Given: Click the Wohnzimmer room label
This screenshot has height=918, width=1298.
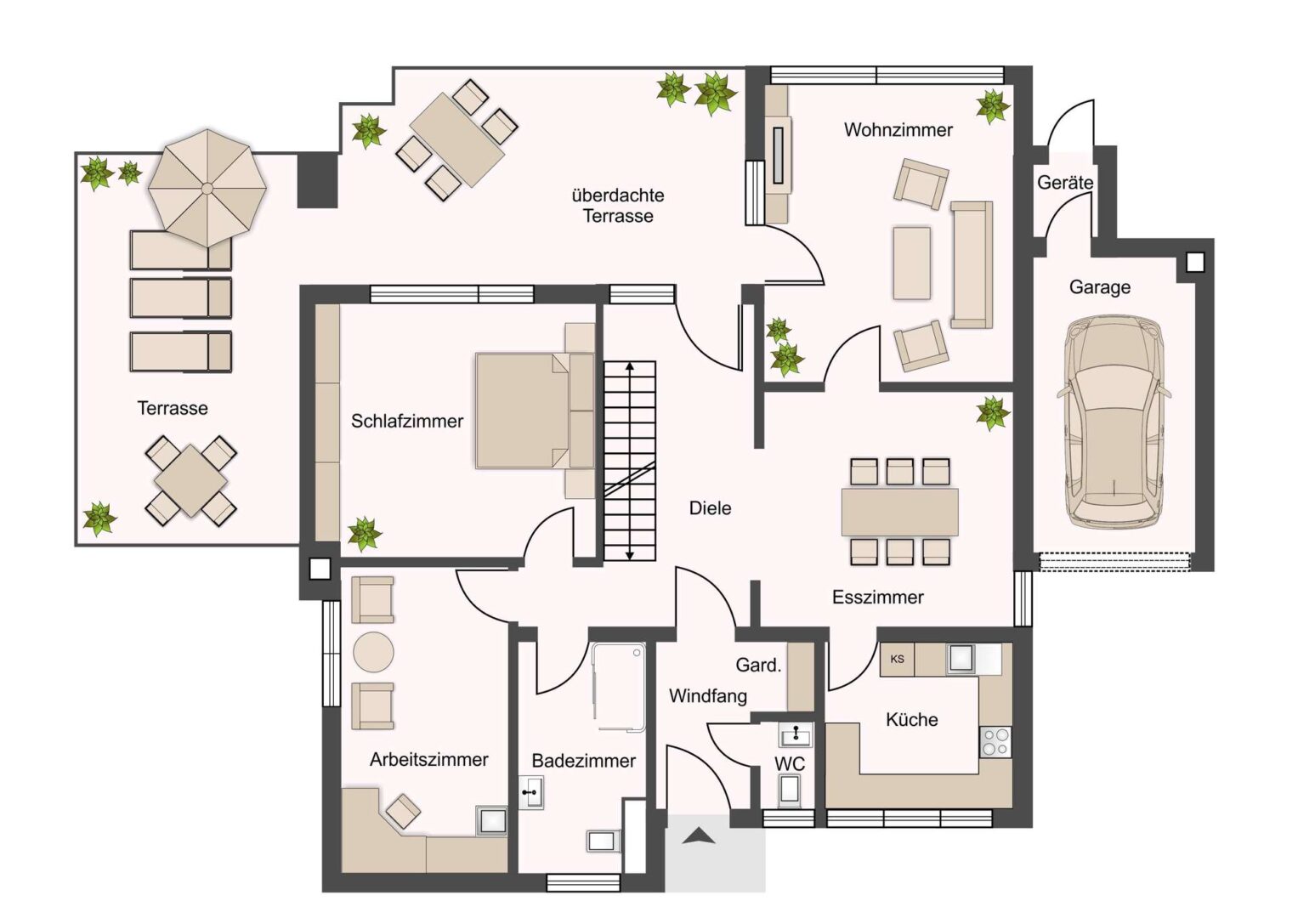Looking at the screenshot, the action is click(x=898, y=130).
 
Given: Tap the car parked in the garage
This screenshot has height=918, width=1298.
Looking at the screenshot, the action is click(x=1113, y=423).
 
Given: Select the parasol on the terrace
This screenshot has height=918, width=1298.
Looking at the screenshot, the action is click(x=207, y=188).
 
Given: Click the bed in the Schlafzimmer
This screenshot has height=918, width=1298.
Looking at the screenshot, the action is click(x=535, y=411).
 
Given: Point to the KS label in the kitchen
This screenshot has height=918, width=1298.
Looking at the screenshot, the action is click(x=897, y=659).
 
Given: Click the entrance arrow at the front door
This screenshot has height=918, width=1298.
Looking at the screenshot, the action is click(x=700, y=836).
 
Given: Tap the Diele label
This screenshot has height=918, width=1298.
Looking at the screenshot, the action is click(x=710, y=508).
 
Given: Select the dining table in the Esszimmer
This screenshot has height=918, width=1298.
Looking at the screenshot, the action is click(x=900, y=512).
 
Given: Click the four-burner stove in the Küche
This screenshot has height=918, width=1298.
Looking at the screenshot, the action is click(x=995, y=742).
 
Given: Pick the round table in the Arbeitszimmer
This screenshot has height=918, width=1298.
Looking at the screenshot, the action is click(x=373, y=652).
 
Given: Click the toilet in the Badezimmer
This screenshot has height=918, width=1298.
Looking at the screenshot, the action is click(x=604, y=841).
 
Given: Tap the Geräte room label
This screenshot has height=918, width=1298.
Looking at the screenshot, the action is click(x=1065, y=183).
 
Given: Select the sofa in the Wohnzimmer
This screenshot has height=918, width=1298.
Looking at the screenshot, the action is click(x=972, y=265).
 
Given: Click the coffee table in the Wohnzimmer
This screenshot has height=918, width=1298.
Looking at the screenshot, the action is click(x=911, y=263).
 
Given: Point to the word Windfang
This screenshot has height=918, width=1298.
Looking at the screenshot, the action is click(x=707, y=696).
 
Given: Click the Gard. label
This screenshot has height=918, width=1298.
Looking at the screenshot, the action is click(x=758, y=665).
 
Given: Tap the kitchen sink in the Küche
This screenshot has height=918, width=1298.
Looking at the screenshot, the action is click(x=961, y=659).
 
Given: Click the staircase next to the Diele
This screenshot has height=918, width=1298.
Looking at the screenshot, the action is click(x=629, y=461).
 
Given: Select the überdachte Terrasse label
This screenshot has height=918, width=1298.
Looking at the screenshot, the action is click(x=618, y=206).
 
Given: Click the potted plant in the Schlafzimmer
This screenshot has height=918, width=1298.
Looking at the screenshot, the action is click(x=364, y=534).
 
